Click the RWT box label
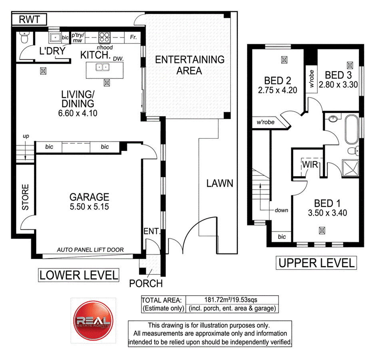tap(28, 19)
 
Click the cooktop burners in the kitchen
tap(104, 37)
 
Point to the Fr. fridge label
tap(133, 38)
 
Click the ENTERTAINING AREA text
tap(190, 65)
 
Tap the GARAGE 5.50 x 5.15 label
tap(89, 201)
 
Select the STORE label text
tap(26, 197)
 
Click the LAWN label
tap(219, 184)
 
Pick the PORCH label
tap(146, 284)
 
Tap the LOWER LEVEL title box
tap(79, 275)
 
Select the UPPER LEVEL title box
tap(316, 263)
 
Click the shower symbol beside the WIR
tap(349, 168)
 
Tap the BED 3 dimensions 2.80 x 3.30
tap(338, 84)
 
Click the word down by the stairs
tap(281, 210)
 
